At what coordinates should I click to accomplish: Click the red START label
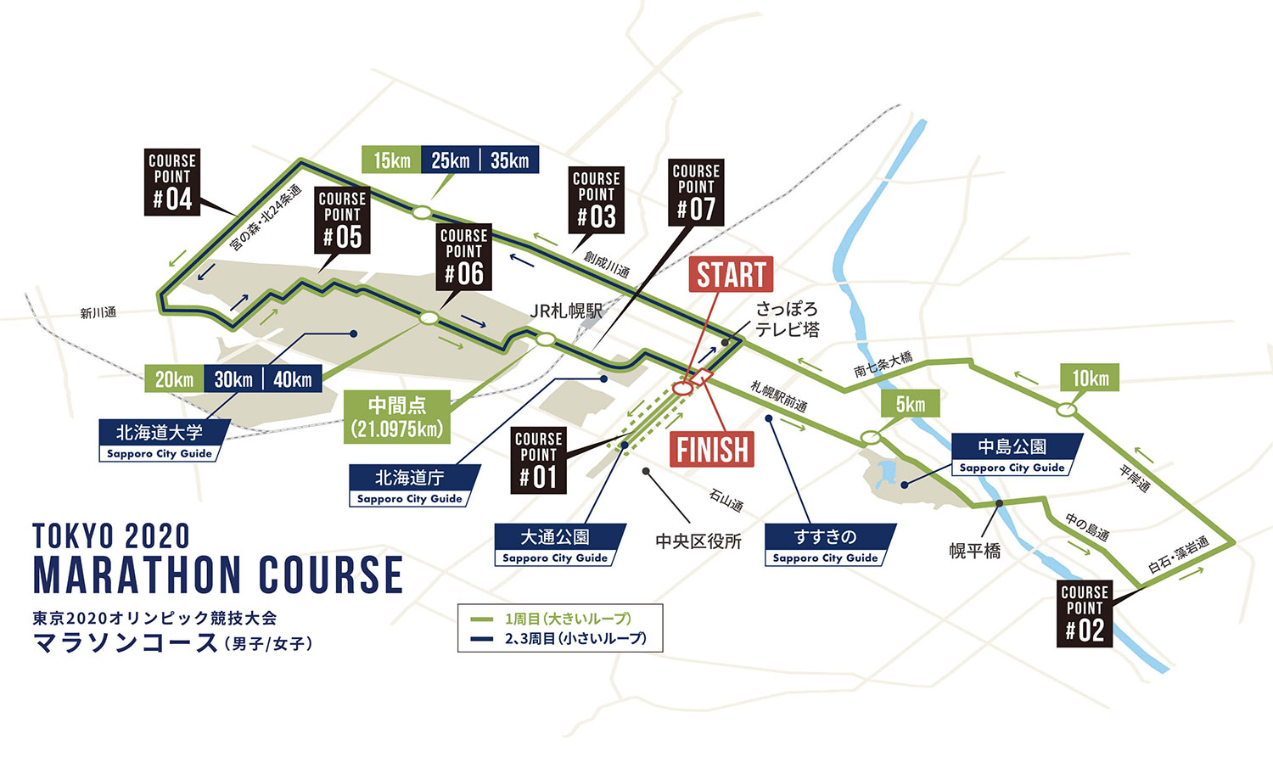tap(731, 274)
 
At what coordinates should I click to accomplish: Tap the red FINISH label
tap(713, 449)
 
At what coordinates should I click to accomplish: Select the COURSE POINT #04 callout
tap(172, 182)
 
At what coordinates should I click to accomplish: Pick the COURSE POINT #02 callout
tap(1085, 613)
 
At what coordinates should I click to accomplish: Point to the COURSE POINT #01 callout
tap(539, 459)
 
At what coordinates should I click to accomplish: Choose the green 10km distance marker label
tap(1090, 378)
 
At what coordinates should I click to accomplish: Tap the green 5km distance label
tap(910, 404)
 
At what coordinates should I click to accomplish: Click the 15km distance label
tap(391, 160)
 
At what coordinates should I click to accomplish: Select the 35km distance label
tap(509, 160)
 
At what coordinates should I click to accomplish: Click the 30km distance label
tap(233, 378)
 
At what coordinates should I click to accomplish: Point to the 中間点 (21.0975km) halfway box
tap(397, 416)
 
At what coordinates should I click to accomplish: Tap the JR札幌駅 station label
tap(566, 311)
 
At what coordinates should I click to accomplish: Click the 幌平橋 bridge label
tap(974, 551)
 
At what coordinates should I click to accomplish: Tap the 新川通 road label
tap(98, 313)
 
